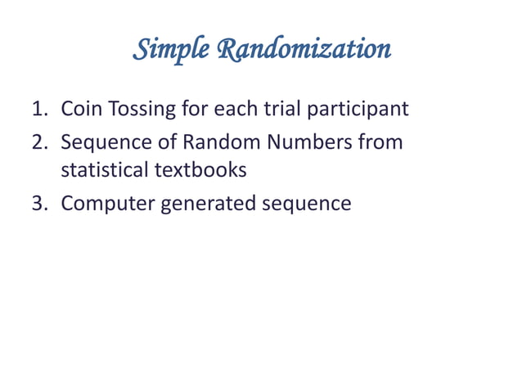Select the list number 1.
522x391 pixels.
[38, 109]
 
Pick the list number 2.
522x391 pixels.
[38, 142]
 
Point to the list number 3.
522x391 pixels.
[38, 203]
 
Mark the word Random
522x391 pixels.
[203, 142]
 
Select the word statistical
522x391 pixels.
[104, 173]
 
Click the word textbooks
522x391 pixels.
[200, 173]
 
